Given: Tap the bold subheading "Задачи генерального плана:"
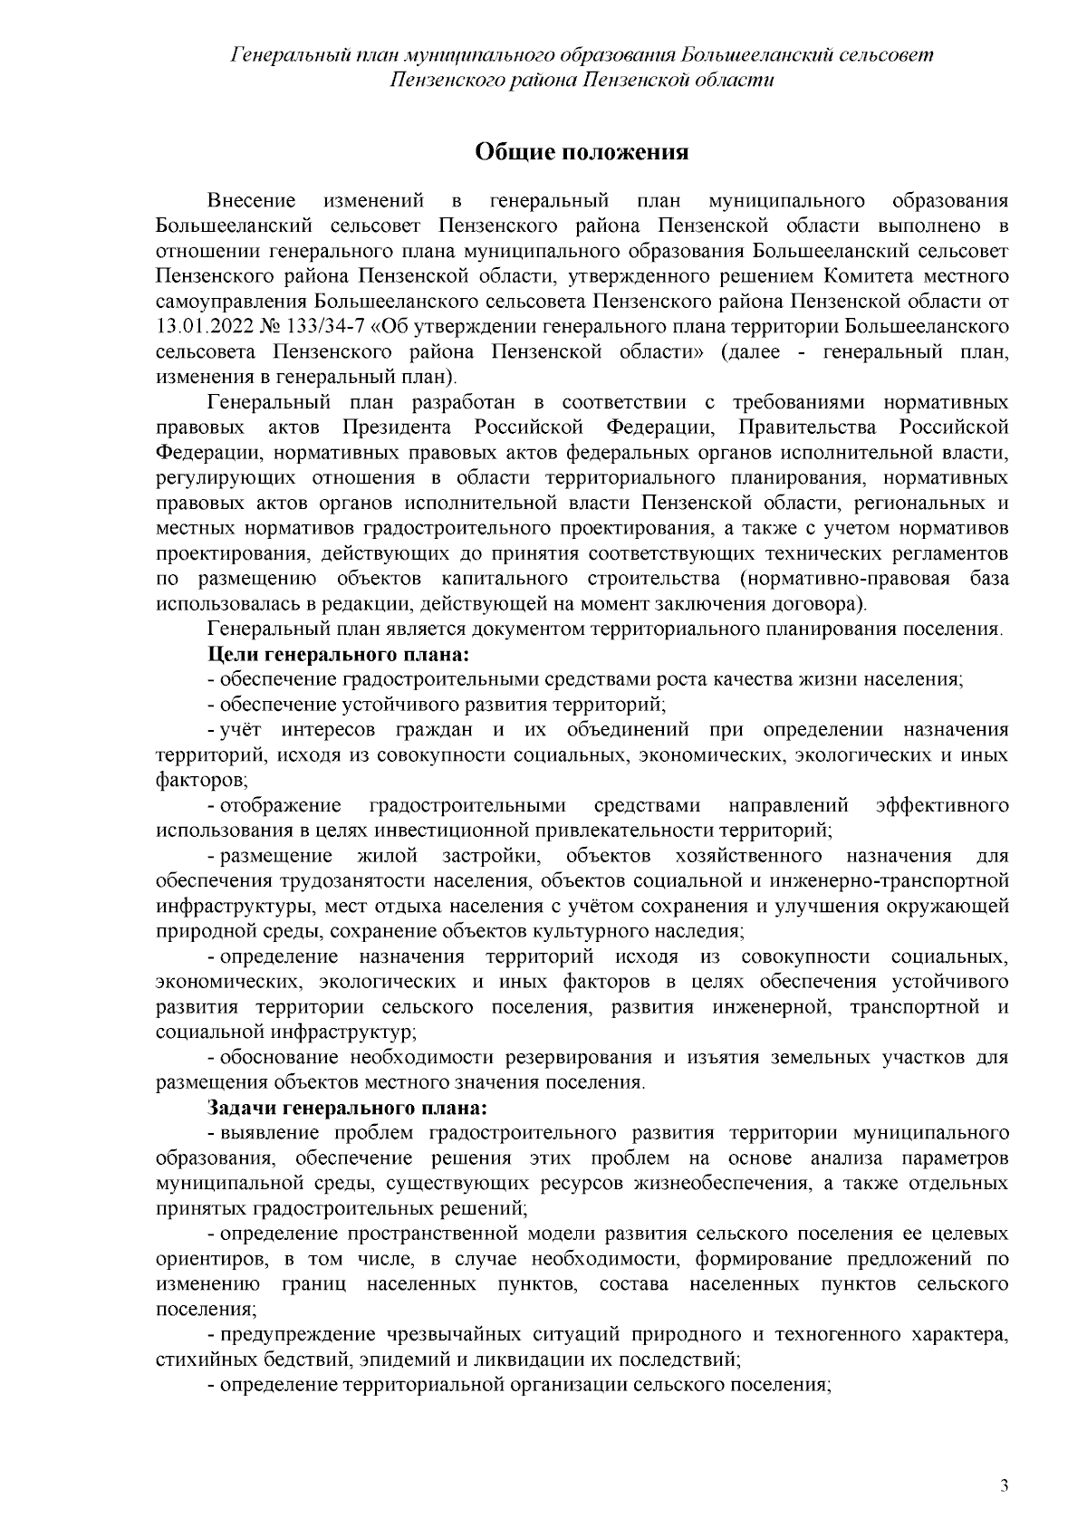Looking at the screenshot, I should [x=347, y=1108].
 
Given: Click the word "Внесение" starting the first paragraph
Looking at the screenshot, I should [x=252, y=199].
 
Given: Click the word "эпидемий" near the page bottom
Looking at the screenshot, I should [x=397, y=1359].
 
